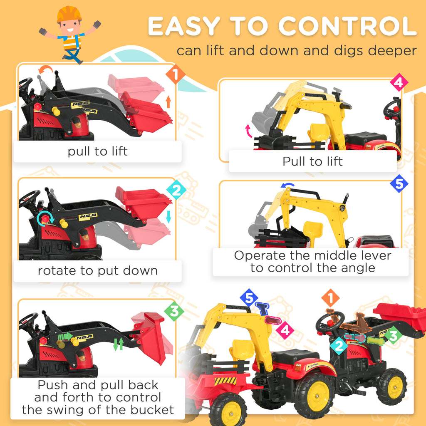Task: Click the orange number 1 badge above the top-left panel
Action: click(x=175, y=75)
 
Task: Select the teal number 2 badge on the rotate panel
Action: click(x=176, y=191)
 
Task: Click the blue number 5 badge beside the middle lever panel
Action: click(x=399, y=184)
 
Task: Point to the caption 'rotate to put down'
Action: click(x=98, y=271)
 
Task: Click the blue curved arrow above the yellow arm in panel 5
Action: click(x=288, y=186)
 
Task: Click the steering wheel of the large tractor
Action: click(x=329, y=322)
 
